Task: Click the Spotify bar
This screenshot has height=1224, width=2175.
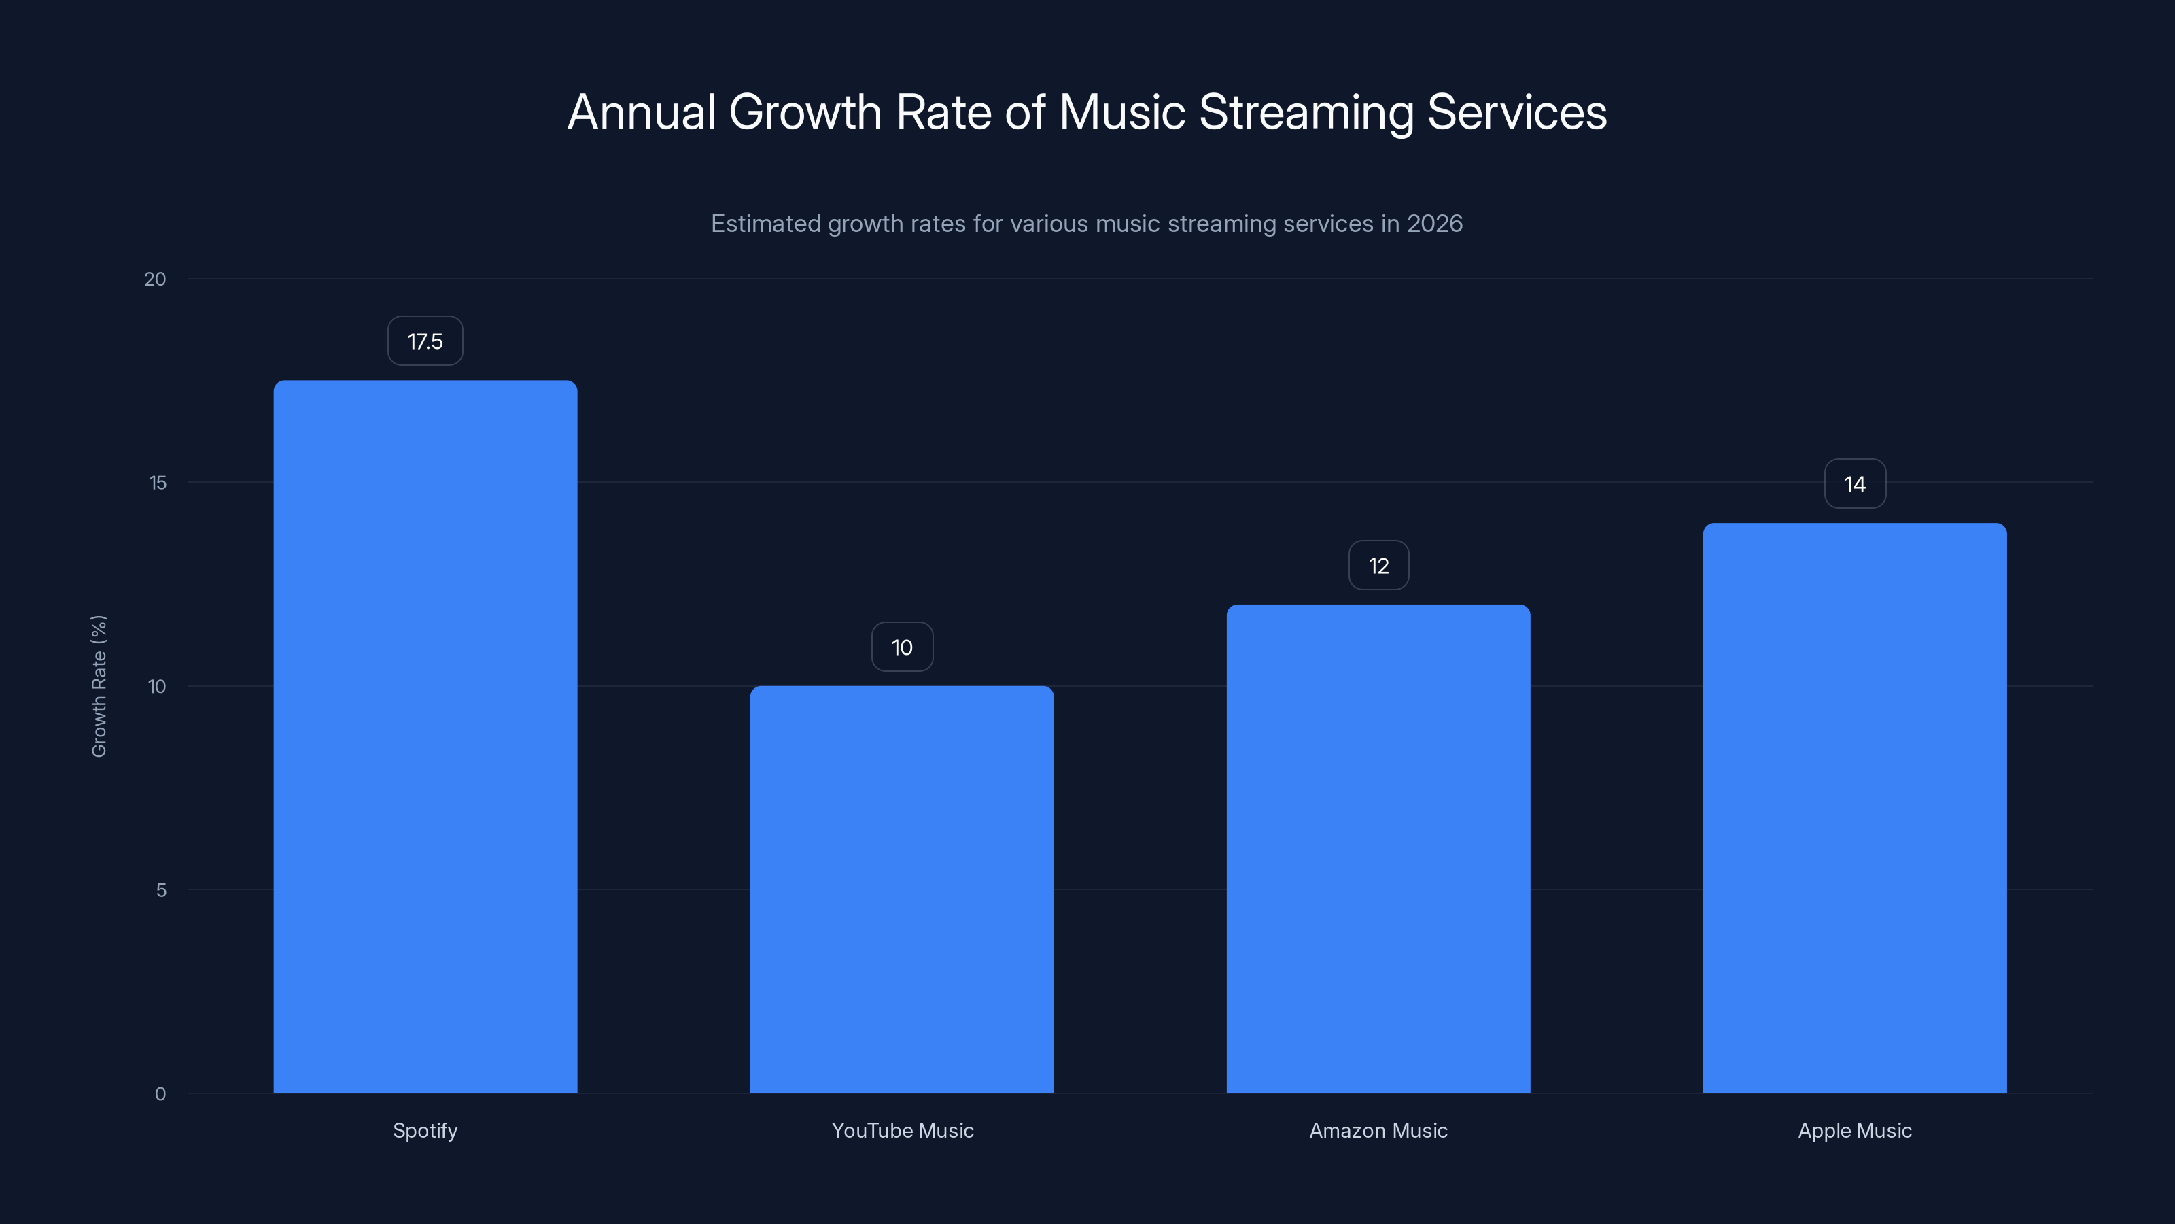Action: pos(425,736)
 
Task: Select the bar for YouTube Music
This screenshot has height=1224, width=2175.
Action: pos(902,889)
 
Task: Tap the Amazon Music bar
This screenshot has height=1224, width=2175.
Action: pos(1378,848)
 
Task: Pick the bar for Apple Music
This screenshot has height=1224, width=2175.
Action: pos(1854,808)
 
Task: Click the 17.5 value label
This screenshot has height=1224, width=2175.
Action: pos(425,341)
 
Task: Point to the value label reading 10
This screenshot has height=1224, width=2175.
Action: pos(902,647)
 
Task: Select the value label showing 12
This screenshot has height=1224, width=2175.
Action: pos(1378,566)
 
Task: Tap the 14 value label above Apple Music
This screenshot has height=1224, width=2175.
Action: pos(1854,484)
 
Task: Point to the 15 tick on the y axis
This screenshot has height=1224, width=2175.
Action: pos(157,482)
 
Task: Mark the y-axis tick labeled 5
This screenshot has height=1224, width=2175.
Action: pos(160,889)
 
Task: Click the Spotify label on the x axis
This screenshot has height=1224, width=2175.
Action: pos(425,1130)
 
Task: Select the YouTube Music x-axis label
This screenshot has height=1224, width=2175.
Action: pos(902,1130)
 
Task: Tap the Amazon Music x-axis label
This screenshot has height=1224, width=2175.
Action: pos(1378,1130)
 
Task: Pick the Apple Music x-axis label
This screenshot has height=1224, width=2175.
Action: pos(1854,1130)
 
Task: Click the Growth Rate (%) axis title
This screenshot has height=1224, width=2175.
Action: pos(99,686)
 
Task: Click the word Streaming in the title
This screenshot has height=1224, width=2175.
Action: pos(1305,112)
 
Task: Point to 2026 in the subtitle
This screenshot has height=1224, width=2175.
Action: pos(1433,224)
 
